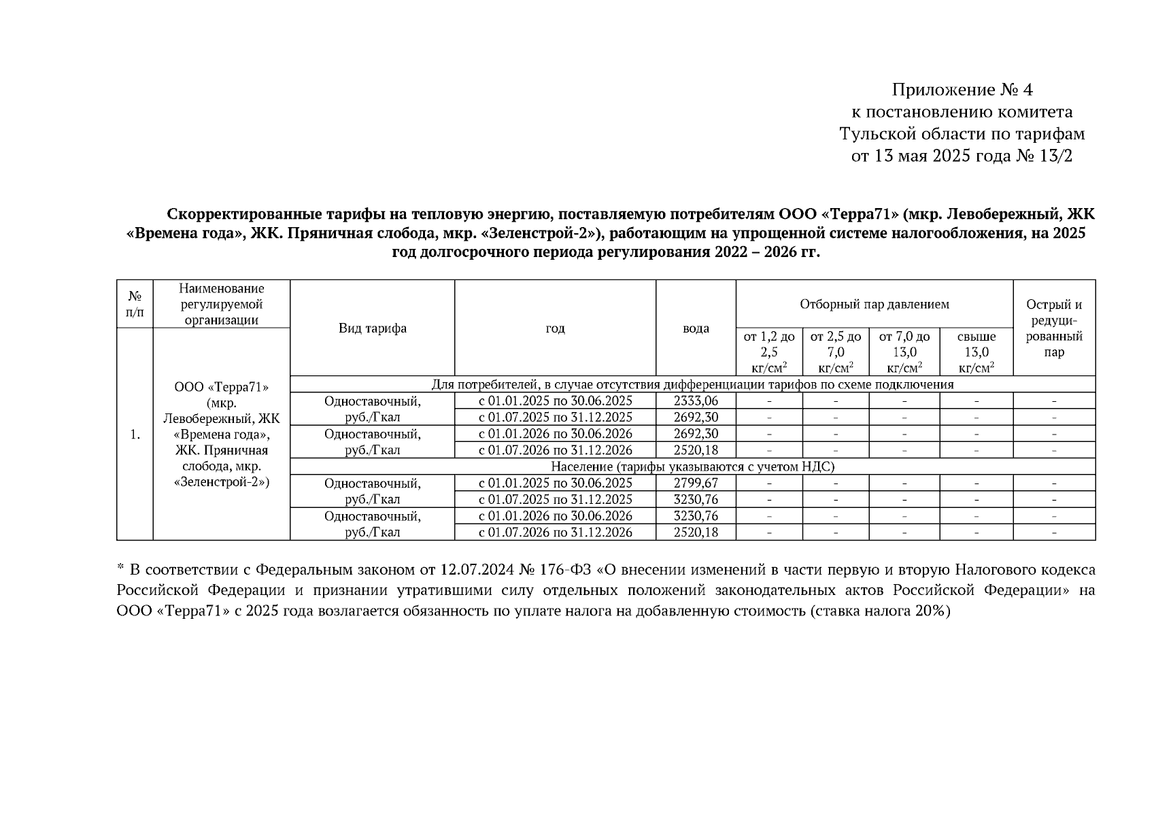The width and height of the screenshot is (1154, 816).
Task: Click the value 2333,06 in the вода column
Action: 696,401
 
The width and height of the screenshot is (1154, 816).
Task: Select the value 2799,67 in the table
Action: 696,483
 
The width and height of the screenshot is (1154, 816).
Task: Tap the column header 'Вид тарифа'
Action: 373,328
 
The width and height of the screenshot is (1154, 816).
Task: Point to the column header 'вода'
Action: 696,328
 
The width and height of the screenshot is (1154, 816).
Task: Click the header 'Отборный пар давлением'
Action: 875,304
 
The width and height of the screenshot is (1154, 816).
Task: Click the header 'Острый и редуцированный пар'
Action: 1054,328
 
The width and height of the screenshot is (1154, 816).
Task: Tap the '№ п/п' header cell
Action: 135,304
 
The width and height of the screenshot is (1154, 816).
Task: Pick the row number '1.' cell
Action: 135,434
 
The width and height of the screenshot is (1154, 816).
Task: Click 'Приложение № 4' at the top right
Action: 962,90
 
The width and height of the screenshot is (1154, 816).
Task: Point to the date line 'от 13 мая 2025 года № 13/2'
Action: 962,156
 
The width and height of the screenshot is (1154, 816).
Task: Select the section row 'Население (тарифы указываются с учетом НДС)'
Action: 692,466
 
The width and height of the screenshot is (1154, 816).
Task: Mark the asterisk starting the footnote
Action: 120,568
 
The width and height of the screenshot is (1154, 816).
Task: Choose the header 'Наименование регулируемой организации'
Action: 222,304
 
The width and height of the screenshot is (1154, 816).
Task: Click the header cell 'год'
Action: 555,328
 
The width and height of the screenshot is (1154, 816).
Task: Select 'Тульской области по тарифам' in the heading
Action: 962,134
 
